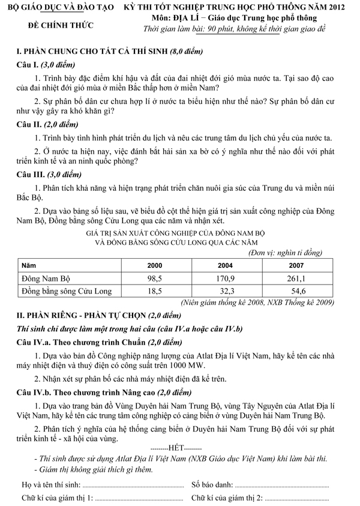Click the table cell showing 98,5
(155, 279)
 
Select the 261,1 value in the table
(297, 279)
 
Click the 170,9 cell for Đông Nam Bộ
(226, 279)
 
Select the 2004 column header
(226, 265)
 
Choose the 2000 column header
(155, 265)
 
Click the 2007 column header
(297, 265)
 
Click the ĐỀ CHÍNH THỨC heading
(56, 28)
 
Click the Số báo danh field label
(211, 483)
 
